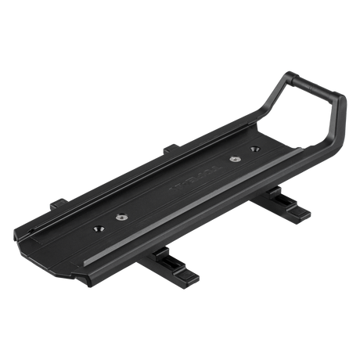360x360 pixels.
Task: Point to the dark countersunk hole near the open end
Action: click(99, 228)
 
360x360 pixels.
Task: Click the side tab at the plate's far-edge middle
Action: click(169, 147)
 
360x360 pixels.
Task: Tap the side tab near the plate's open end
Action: click(56, 205)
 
